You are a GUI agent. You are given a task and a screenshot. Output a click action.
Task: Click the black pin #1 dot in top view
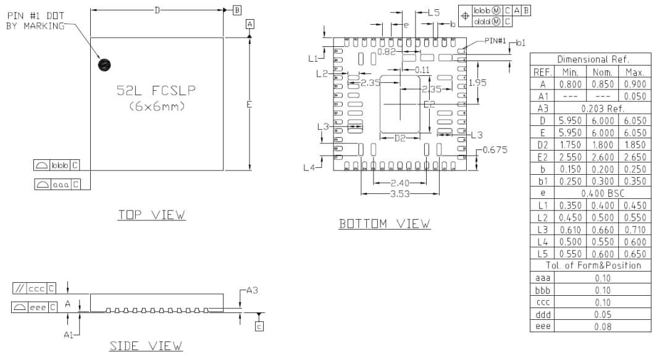(105, 64)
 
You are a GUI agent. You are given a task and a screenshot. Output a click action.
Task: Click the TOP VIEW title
(151, 215)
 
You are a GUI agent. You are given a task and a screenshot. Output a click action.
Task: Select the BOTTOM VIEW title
(385, 224)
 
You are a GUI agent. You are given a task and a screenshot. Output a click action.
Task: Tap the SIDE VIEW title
(146, 346)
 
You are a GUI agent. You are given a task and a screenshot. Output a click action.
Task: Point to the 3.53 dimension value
(400, 195)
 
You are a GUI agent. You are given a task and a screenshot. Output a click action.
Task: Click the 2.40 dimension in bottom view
(400, 183)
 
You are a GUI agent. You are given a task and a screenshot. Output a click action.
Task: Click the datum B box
(237, 9)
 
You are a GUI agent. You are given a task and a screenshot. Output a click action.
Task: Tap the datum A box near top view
(249, 23)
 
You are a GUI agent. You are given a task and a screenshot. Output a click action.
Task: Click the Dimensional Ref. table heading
(590, 60)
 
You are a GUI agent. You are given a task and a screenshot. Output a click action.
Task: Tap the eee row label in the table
(542, 326)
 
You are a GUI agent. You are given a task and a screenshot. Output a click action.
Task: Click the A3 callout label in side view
(253, 290)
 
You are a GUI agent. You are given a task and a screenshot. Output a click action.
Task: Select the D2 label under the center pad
(401, 138)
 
